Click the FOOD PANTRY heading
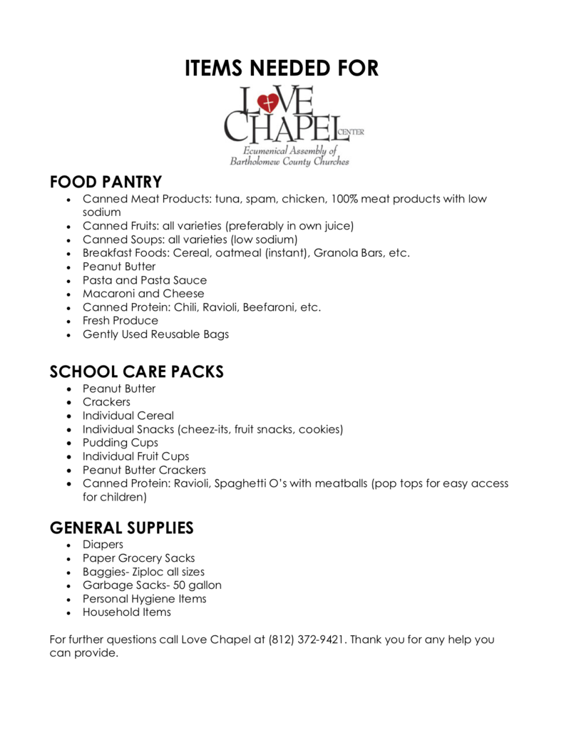106,182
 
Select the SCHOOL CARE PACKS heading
136,371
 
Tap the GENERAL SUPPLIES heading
121,528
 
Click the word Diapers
103,545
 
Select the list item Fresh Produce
121,321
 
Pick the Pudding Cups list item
121,443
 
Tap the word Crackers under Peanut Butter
106,402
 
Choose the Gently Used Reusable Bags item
155,334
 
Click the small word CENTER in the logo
353,132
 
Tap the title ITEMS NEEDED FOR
282,68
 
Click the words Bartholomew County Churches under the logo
289,162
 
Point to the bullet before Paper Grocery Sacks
68,559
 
